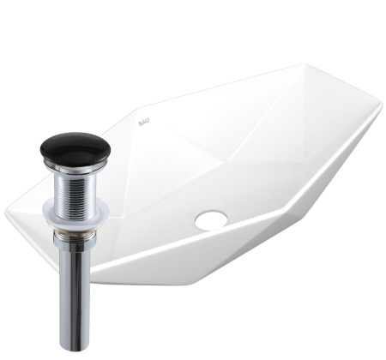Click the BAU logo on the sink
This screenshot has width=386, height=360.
point(143,123)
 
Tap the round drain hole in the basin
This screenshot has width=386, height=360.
point(210,219)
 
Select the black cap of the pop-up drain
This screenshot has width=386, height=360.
point(75,148)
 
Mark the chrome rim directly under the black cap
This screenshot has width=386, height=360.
point(75,167)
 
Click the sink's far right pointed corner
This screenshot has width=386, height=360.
point(380,111)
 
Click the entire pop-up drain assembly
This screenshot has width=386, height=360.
point(75,240)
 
